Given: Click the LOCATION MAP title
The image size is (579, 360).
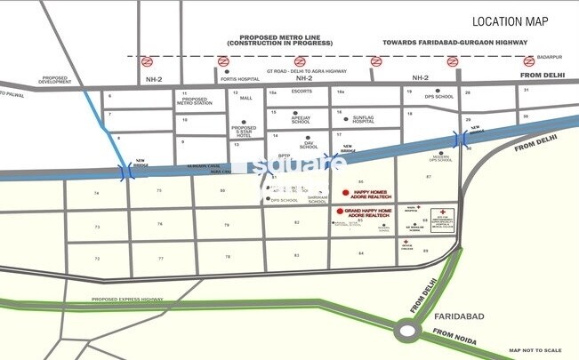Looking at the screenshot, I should (x=510, y=21).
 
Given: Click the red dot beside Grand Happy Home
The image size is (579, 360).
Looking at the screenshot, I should (x=339, y=210).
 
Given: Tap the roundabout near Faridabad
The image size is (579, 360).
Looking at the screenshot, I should (x=409, y=332).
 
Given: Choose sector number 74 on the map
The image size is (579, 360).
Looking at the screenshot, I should (x=96, y=192).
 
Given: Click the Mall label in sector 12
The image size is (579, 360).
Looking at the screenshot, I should (x=246, y=98).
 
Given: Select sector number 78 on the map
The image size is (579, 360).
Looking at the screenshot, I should (x=228, y=257).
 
